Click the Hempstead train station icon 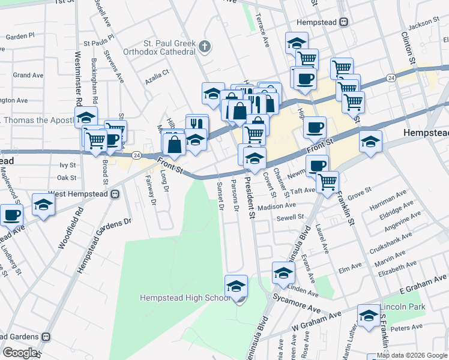pyautogui.click(x=343, y=22)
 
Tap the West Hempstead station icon pyautogui.click(x=115, y=194)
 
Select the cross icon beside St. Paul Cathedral pyautogui.click(x=204, y=46)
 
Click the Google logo pyautogui.click(x=20, y=353)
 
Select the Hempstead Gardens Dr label pyautogui.click(x=103, y=247)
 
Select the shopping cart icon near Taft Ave pyautogui.click(x=327, y=181)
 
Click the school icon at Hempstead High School pyautogui.click(x=237, y=285)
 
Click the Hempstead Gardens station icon pyautogui.click(x=46, y=337)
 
